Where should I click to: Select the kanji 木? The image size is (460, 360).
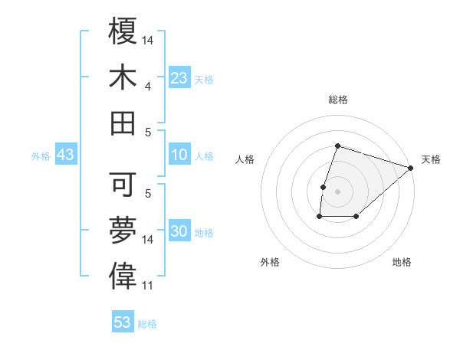click(x=123, y=77)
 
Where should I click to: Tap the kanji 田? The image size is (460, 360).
click(x=123, y=122)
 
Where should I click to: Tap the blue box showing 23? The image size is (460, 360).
click(x=179, y=78)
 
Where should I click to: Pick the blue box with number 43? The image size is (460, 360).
click(x=65, y=155)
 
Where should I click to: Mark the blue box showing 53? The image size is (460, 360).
click(x=123, y=322)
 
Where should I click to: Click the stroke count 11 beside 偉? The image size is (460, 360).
click(x=148, y=286)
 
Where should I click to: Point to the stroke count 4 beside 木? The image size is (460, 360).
click(x=148, y=87)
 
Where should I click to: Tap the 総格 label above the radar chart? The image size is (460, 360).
click(x=338, y=100)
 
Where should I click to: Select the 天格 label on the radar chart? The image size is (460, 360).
click(x=431, y=159)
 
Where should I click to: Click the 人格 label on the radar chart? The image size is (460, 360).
click(x=245, y=159)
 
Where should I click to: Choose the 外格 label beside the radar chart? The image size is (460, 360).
click(x=270, y=262)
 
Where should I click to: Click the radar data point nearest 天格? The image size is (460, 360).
click(x=411, y=169)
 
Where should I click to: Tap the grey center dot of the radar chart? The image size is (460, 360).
click(x=337, y=191)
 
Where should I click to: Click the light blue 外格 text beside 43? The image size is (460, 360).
click(x=41, y=156)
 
